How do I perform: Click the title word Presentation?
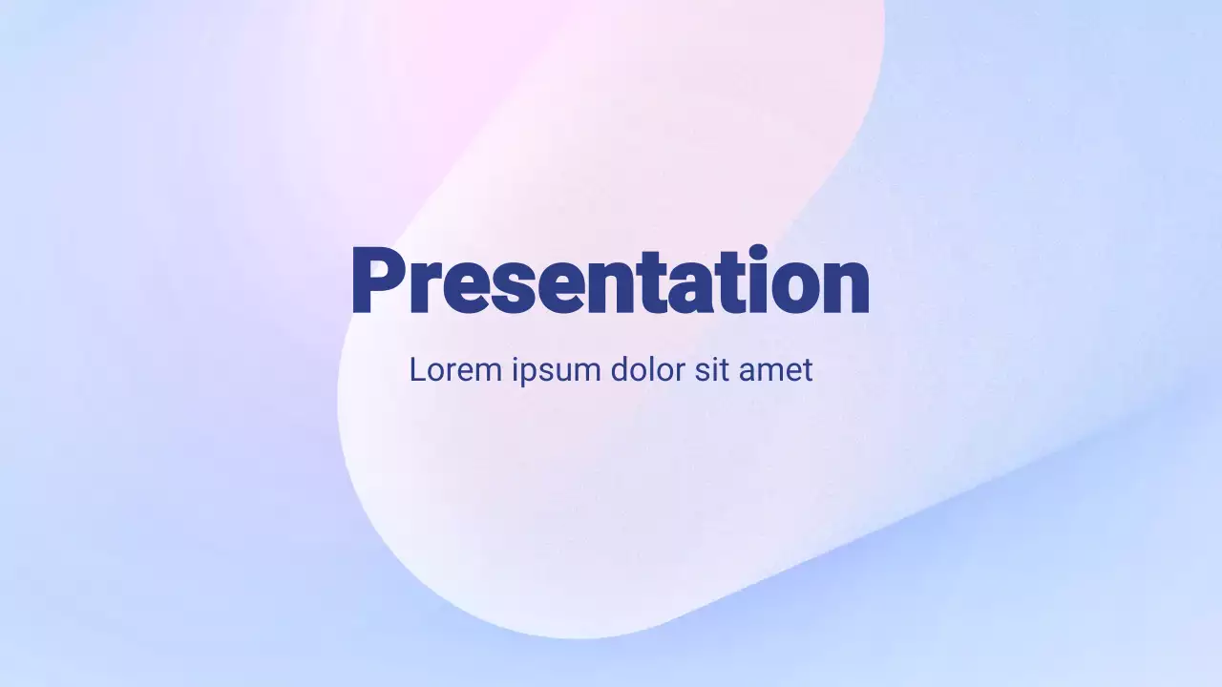pos(611,281)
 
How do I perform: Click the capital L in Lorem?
pos(417,369)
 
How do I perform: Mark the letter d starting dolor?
pos(620,369)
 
